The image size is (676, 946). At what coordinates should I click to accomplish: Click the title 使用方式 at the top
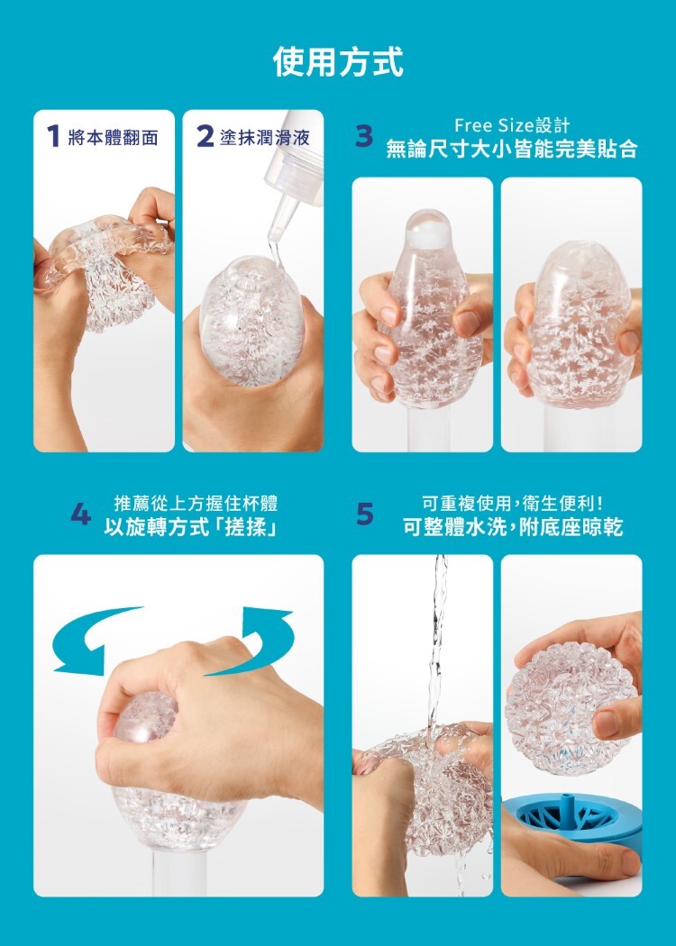(338, 62)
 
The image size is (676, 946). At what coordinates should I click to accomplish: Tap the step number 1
(54, 137)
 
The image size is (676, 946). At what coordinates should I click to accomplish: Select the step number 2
(205, 137)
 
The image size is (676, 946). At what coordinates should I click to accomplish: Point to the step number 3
(363, 137)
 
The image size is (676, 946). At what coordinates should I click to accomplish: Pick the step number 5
(364, 514)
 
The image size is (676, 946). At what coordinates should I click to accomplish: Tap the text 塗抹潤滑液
(265, 138)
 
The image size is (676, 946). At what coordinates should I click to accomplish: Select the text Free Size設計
(511, 125)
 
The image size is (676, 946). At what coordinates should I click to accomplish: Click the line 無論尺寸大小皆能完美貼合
(511, 150)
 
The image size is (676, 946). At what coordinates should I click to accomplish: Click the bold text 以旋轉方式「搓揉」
(189, 527)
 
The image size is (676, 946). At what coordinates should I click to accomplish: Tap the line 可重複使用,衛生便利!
(512, 503)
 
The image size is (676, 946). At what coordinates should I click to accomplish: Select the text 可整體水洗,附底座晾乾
(512, 527)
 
